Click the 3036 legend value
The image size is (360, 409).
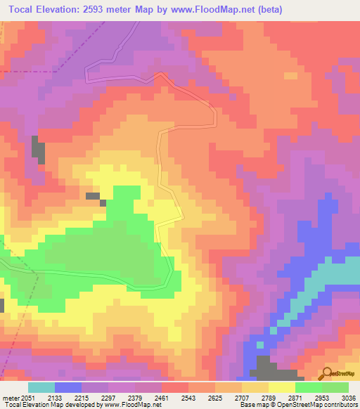click(x=349, y=397)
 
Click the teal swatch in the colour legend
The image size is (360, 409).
click(x=41, y=387)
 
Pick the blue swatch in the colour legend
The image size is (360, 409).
click(x=68, y=387)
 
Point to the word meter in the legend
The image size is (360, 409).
click(x=11, y=397)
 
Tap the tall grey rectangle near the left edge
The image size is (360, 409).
click(x=37, y=150)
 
